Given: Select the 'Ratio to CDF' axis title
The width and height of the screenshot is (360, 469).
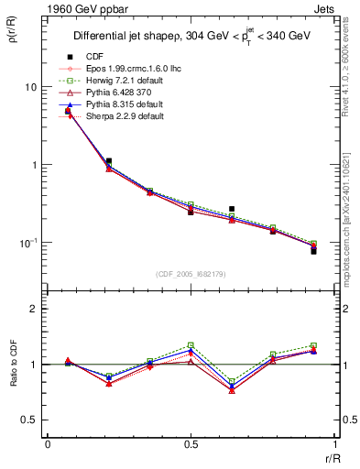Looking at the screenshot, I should (17, 365).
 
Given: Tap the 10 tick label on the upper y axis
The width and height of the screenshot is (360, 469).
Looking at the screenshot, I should (30, 87).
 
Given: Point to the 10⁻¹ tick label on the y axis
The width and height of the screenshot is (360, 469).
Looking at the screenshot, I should (28, 243).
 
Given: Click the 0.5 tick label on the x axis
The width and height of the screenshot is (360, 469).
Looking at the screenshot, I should (191, 443).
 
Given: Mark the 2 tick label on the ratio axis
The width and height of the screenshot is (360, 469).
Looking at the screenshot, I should (34, 309).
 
